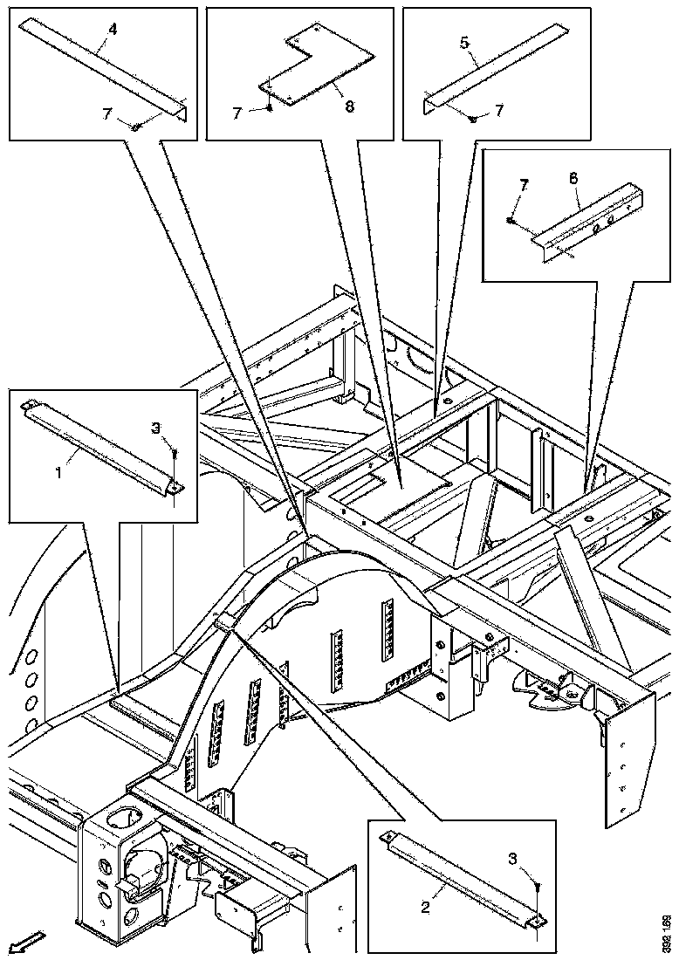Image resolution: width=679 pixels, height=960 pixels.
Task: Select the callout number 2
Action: click(x=425, y=908)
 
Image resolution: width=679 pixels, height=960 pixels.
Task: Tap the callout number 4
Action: click(x=112, y=29)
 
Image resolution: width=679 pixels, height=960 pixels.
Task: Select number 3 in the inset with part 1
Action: click(x=156, y=428)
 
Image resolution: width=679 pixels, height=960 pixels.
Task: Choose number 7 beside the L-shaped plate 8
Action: click(x=236, y=113)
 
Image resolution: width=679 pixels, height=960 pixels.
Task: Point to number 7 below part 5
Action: click(x=498, y=111)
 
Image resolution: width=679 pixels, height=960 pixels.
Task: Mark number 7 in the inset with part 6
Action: click(x=525, y=185)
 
